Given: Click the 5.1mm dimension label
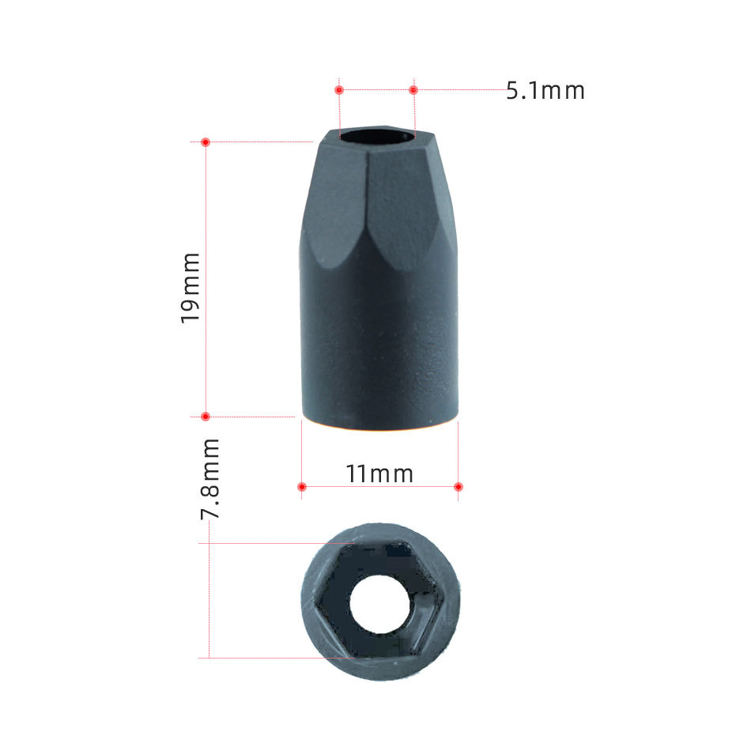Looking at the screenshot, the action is pyautogui.click(x=545, y=91).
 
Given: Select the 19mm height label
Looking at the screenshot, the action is pyautogui.click(x=191, y=288).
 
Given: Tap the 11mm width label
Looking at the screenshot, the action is pyautogui.click(x=379, y=474).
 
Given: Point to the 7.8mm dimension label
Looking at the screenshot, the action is pyautogui.click(x=209, y=478).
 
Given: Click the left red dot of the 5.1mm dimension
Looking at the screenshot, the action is pyautogui.click(x=339, y=89).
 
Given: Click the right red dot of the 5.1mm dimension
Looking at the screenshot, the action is pyautogui.click(x=413, y=89).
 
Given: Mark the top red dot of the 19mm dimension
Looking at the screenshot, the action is pyautogui.click(x=206, y=142).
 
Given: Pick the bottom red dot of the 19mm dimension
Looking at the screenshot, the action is pyautogui.click(x=206, y=416).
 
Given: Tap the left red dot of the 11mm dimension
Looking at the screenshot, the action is pyautogui.click(x=302, y=487).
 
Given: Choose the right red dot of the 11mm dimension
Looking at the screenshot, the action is pyautogui.click(x=458, y=487).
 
